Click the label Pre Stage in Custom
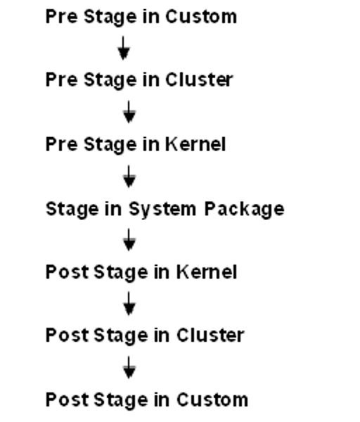(x=141, y=16)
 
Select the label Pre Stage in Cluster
(x=139, y=80)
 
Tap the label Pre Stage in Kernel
(x=136, y=144)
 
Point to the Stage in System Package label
(x=165, y=209)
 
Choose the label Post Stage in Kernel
(x=141, y=272)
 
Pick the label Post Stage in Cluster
(x=144, y=335)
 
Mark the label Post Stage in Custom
(x=146, y=399)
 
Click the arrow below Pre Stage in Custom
(x=124, y=48)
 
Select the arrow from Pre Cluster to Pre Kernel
(x=129, y=112)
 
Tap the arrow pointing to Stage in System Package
(x=129, y=176)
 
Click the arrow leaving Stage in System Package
(x=129, y=241)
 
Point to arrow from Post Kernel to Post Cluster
(x=129, y=304)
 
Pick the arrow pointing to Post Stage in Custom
(x=129, y=367)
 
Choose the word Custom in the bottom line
(x=212, y=399)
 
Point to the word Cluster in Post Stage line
(x=210, y=335)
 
